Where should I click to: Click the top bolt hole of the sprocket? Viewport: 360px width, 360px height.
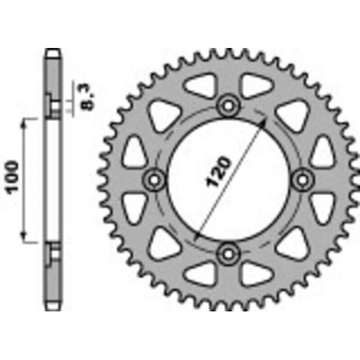(x=228, y=106)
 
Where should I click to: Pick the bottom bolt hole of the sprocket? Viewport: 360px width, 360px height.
(x=228, y=253)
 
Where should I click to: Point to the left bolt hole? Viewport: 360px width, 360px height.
(x=155, y=179)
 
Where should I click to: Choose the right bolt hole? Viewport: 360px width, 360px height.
(x=302, y=179)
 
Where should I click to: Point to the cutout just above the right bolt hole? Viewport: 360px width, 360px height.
(x=322, y=152)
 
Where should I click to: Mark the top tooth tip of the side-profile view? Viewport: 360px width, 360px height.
(x=53, y=53)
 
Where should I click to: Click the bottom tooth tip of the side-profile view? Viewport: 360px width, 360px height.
(x=53, y=307)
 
